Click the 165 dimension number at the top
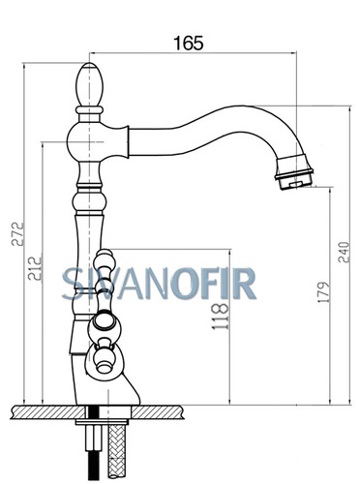(189, 43)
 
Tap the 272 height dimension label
(17, 233)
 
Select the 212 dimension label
(35, 268)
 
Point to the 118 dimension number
(221, 317)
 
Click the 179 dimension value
(323, 292)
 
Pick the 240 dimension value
(344, 252)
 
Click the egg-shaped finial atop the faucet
(89, 84)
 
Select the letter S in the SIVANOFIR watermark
(71, 284)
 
